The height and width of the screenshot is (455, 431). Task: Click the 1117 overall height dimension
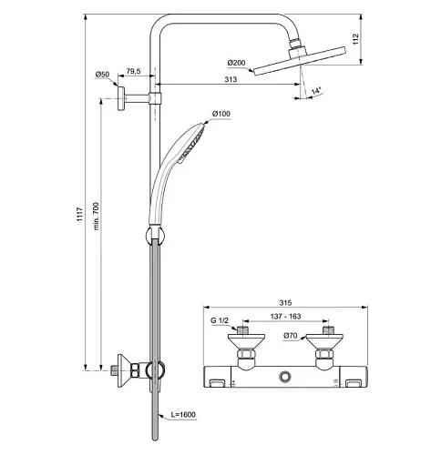pyautogui.click(x=79, y=214)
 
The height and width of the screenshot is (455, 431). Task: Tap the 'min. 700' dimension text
pyautogui.click(x=97, y=216)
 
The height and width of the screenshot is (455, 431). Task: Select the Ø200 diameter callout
pyautogui.click(x=236, y=63)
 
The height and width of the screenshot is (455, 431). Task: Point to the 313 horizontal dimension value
pyautogui.click(x=231, y=79)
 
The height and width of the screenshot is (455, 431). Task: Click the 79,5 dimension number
pyautogui.click(x=133, y=71)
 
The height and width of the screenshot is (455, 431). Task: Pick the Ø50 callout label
pyautogui.click(x=102, y=75)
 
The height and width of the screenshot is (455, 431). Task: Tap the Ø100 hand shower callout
pyautogui.click(x=221, y=114)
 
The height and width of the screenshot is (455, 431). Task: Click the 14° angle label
pyautogui.click(x=316, y=91)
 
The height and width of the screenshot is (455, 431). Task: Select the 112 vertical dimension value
pyautogui.click(x=355, y=39)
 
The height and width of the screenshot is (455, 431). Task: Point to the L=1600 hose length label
pyautogui.click(x=183, y=414)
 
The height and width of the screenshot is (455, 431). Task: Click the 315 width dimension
pyautogui.click(x=285, y=303)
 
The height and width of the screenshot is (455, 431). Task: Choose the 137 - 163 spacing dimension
pyautogui.click(x=285, y=317)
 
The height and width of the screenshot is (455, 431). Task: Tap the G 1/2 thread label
pyautogui.click(x=220, y=320)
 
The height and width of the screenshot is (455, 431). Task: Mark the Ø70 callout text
pyautogui.click(x=290, y=336)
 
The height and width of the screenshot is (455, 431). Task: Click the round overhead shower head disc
pyautogui.click(x=299, y=61)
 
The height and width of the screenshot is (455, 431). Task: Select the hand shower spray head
pyautogui.click(x=192, y=143)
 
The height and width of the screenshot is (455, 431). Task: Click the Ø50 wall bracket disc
pyautogui.click(x=121, y=98)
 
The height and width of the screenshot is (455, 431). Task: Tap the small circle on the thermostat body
pyautogui.click(x=285, y=377)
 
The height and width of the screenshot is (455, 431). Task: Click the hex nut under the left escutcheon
pyautogui.click(x=246, y=354)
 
